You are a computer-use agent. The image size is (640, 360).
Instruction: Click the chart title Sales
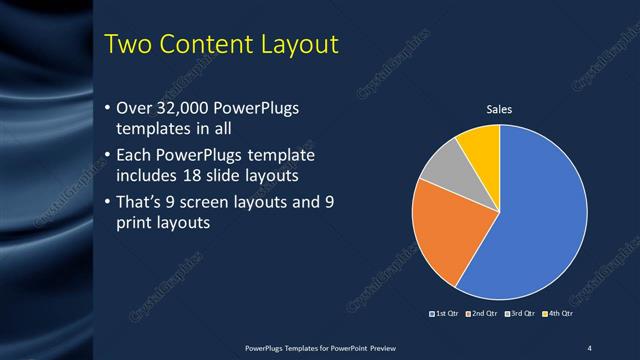tap(499, 110)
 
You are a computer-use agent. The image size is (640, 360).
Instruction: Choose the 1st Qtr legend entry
tap(446, 315)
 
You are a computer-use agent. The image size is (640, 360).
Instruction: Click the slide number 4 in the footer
tap(589, 347)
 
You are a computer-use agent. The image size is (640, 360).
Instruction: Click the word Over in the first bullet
tap(135, 107)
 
